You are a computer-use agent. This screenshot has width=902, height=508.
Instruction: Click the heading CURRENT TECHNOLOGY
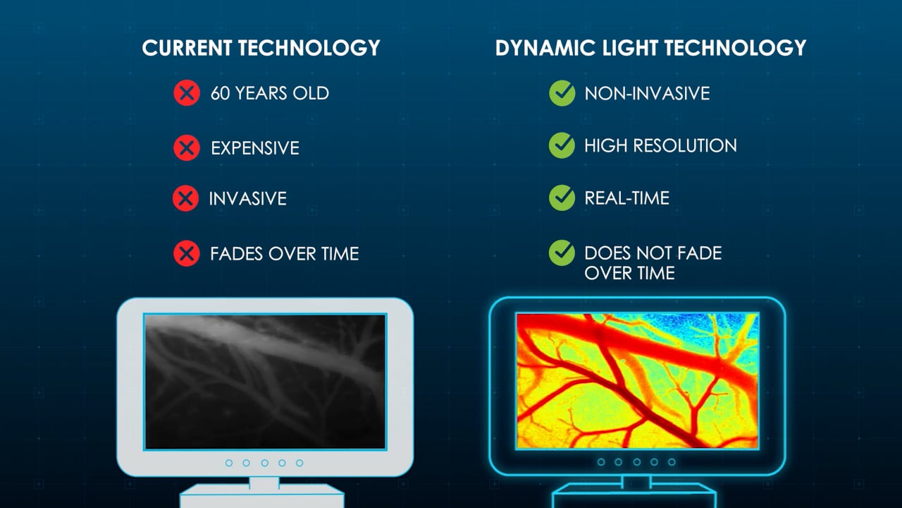tap(261, 47)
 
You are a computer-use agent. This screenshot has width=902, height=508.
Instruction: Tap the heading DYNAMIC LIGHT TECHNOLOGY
tap(650, 47)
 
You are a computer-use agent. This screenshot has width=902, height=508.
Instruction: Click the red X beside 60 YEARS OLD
tap(187, 93)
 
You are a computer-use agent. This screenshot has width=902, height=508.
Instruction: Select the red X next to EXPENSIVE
tap(187, 148)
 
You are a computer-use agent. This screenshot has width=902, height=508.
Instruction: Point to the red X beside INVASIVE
tap(185, 198)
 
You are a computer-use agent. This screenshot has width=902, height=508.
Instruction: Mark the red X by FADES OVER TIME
tap(187, 253)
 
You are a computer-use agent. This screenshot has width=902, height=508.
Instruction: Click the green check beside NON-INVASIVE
tap(562, 93)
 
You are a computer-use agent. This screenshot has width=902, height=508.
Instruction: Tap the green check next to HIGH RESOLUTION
tap(562, 145)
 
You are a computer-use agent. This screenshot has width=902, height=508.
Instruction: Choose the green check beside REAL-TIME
tap(562, 198)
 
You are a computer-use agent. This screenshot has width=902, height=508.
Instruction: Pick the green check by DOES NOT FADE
tap(562, 253)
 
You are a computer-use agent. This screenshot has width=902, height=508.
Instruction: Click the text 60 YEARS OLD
tap(270, 93)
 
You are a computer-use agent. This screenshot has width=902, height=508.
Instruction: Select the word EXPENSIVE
tap(255, 148)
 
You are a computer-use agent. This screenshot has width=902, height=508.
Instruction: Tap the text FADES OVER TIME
tap(284, 253)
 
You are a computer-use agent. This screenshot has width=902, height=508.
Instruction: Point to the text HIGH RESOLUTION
tap(660, 145)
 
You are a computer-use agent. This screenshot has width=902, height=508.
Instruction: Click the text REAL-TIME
tap(626, 198)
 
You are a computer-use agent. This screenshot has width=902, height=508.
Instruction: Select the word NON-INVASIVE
tap(647, 93)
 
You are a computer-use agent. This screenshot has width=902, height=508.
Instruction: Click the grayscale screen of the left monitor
tap(265, 382)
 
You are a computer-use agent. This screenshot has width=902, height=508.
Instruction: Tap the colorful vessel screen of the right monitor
tap(638, 380)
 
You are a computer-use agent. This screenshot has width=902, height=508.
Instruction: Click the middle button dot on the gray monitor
tap(264, 463)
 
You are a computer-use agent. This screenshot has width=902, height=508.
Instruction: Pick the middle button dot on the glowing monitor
tap(636, 462)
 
